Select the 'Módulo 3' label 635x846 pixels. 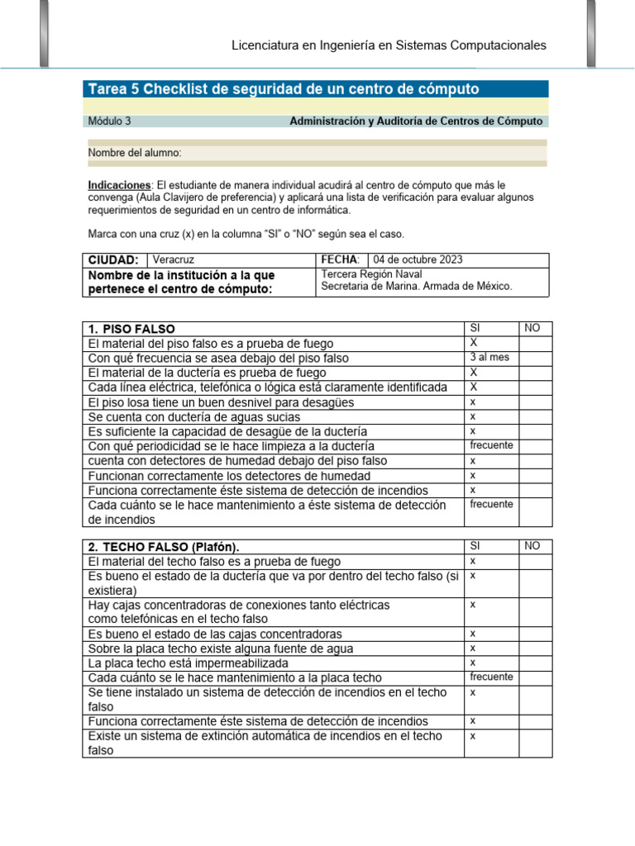pyautogui.click(x=109, y=121)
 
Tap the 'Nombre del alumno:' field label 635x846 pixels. pyautogui.click(x=135, y=153)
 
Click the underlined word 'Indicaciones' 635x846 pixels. pyautogui.click(x=119, y=185)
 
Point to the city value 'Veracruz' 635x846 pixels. pyautogui.click(x=174, y=259)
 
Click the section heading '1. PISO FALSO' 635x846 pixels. pyautogui.click(x=131, y=329)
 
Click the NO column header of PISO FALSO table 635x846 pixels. pyautogui.click(x=532, y=328)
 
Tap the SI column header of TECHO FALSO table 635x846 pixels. pyautogui.click(x=475, y=546)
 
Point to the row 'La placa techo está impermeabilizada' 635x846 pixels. pyautogui.click(x=189, y=663)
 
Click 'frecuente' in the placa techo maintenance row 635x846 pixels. pyautogui.click(x=491, y=677)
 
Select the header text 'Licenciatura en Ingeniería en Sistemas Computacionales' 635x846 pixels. pyautogui.click(x=388, y=45)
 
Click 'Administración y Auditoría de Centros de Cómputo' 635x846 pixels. pyautogui.click(x=416, y=121)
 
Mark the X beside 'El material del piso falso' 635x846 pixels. pyautogui.click(x=474, y=342)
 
